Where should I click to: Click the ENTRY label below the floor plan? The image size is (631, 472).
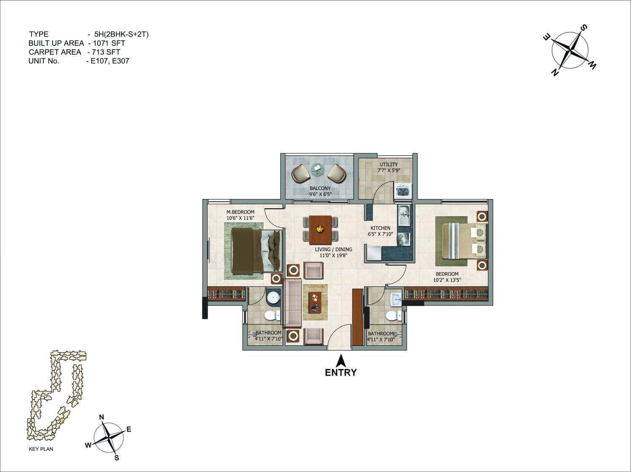click(x=341, y=373)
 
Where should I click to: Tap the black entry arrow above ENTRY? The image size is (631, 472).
click(x=341, y=361)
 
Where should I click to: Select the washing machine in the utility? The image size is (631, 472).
click(x=403, y=191)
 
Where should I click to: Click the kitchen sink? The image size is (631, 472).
click(x=405, y=215)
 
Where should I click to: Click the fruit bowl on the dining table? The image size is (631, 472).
click(x=319, y=229)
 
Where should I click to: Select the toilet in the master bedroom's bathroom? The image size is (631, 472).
click(x=272, y=316)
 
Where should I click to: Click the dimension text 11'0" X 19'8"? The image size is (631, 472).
click(x=333, y=255)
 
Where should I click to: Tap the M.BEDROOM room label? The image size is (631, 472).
click(x=240, y=212)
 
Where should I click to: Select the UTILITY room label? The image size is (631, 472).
click(x=389, y=164)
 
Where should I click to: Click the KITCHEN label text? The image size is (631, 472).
click(x=380, y=228)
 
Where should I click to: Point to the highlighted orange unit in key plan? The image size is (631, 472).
click(x=62, y=420)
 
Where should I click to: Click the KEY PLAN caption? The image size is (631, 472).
click(x=41, y=449)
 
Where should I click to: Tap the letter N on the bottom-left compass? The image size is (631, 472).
click(x=101, y=417)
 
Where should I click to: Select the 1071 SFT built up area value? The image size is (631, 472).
click(x=109, y=43)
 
